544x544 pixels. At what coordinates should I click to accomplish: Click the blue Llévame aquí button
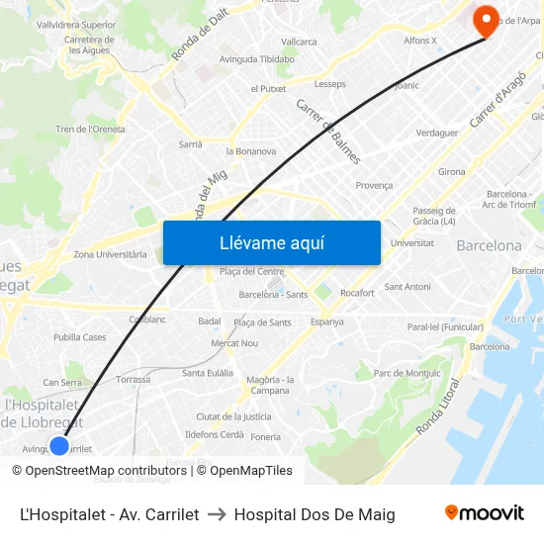(271, 242)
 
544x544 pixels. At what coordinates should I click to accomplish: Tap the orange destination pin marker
(486, 20)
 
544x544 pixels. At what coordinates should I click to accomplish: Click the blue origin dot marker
(59, 446)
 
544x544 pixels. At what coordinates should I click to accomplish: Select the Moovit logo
(484, 513)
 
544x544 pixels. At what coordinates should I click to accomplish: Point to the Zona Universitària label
(110, 254)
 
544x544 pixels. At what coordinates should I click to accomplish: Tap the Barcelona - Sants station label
(273, 294)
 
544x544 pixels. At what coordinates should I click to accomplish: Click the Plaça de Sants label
(262, 322)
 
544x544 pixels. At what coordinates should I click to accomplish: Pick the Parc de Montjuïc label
(408, 373)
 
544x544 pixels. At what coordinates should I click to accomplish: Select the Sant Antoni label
(408, 287)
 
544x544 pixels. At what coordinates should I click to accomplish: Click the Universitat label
(411, 242)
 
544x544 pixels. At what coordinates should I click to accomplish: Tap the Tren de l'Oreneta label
(90, 129)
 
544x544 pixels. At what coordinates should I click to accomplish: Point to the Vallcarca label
(299, 42)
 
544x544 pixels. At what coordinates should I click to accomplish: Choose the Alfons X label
(420, 41)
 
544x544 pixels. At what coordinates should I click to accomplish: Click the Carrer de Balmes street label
(329, 131)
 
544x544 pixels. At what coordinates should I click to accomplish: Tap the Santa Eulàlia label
(208, 373)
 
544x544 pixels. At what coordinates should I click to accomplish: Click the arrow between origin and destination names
(217, 514)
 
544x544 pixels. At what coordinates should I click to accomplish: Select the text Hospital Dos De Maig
(315, 514)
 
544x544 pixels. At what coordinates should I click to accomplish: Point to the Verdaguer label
(436, 133)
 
